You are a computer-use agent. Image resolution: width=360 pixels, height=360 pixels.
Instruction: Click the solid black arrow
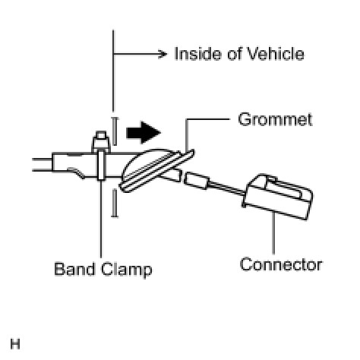click(144, 132)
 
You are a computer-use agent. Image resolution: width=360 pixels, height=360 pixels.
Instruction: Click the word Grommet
click(275, 119)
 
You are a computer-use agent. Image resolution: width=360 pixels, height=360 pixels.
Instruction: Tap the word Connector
click(281, 264)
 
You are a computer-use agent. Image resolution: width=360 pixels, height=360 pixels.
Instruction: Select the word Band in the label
click(74, 269)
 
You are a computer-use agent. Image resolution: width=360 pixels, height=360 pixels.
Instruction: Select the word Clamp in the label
click(127, 270)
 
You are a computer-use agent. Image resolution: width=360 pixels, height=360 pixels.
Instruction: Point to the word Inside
click(198, 54)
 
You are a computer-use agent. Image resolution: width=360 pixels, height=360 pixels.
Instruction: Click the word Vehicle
click(276, 54)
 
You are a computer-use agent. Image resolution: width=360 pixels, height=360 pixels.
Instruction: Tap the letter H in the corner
click(15, 344)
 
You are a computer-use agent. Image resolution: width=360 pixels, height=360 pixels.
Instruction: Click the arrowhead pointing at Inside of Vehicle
click(163, 54)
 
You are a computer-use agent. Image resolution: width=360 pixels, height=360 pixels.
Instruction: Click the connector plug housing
click(278, 196)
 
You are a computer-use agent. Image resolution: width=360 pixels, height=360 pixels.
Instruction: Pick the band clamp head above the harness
click(101, 142)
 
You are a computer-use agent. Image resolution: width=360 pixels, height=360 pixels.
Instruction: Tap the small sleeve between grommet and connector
click(197, 181)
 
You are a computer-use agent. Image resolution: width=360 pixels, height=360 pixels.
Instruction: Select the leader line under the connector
click(273, 233)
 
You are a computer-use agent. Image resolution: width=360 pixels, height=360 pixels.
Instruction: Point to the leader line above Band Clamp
click(101, 219)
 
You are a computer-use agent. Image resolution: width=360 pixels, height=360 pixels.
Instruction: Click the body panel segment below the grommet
click(115, 204)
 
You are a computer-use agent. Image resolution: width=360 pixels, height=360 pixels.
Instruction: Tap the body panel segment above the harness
click(115, 131)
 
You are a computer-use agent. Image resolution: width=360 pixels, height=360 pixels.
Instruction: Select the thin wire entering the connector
click(227, 188)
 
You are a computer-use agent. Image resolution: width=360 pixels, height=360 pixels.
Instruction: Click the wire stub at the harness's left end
click(43, 165)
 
